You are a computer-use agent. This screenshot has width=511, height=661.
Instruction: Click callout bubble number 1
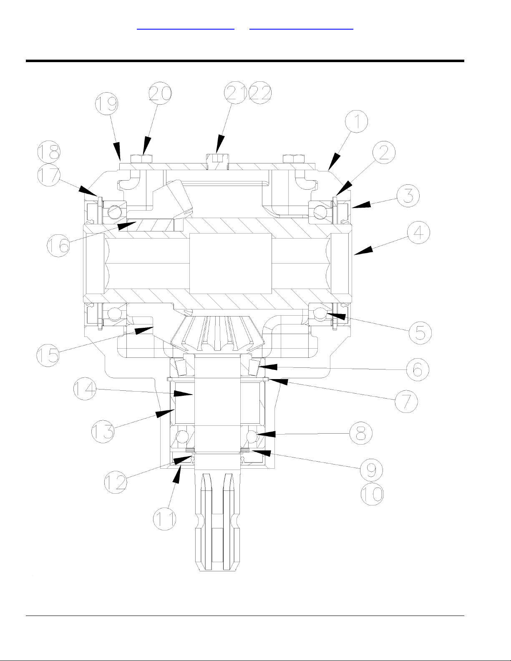[x=356, y=122]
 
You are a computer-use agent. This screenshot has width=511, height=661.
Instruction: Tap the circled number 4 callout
[x=418, y=233]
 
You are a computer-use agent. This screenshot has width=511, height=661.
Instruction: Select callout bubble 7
[x=406, y=401]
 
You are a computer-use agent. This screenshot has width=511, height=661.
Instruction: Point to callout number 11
[x=165, y=519]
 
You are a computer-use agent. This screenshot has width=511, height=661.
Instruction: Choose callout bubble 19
[x=106, y=104]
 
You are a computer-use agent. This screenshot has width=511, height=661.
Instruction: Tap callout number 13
[x=103, y=431]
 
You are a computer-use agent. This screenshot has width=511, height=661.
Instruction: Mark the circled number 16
[x=58, y=245]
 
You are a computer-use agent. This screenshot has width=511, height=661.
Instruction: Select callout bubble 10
[x=372, y=494]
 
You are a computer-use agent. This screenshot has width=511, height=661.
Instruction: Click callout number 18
[x=49, y=153]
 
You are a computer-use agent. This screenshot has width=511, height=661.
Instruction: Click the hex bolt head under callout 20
[x=141, y=158]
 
